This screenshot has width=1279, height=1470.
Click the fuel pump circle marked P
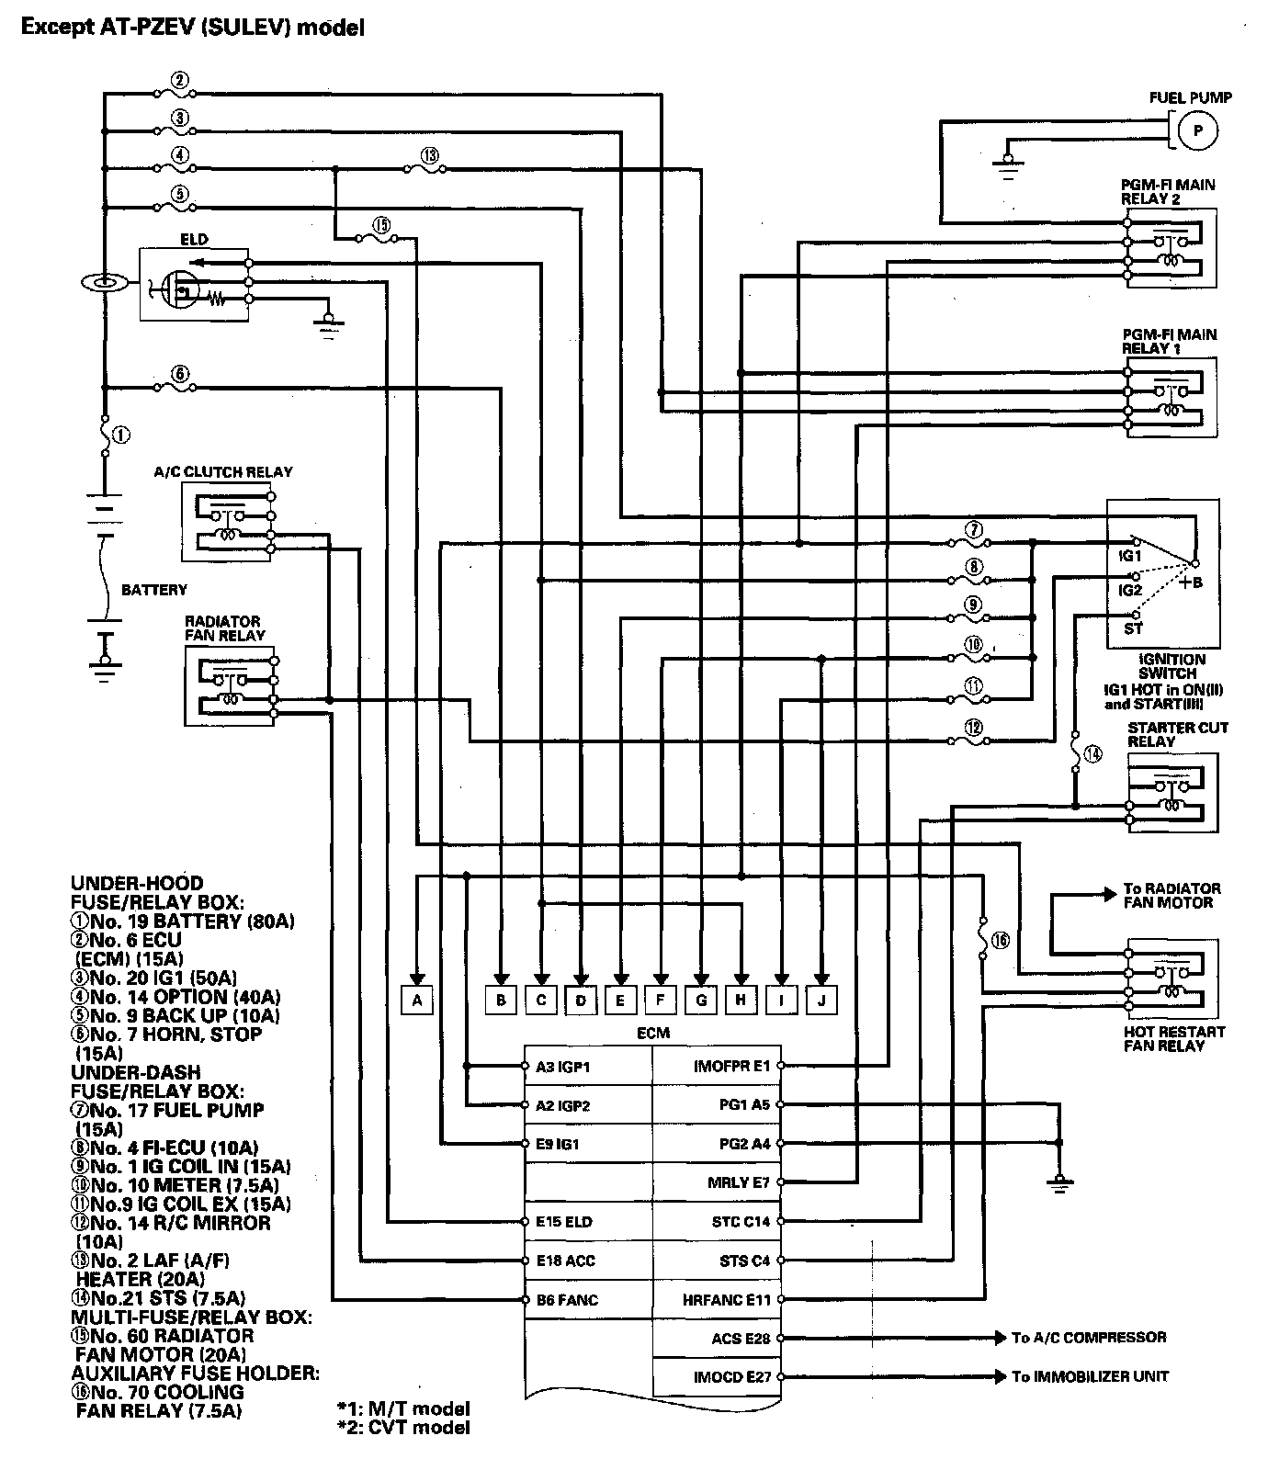click(x=1196, y=130)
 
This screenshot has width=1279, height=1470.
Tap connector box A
click(x=417, y=1000)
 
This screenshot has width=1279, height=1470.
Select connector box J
click(x=821, y=1000)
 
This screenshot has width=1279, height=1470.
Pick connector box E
click(x=621, y=1000)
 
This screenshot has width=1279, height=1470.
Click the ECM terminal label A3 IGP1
click(x=562, y=1067)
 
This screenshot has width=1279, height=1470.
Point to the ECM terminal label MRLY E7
click(x=738, y=1182)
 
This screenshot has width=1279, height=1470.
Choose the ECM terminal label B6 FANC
click(x=567, y=1300)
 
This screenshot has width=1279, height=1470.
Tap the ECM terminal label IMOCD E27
click(x=731, y=1377)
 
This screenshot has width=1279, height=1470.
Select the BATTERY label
click(x=154, y=590)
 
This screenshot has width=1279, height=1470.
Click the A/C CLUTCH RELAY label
click(x=223, y=472)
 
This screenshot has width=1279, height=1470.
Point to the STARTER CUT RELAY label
click(x=1177, y=734)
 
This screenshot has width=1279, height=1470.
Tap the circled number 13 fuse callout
click(x=428, y=155)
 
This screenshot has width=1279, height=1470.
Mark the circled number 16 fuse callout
click(x=1001, y=939)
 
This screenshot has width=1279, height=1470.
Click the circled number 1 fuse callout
click(x=122, y=434)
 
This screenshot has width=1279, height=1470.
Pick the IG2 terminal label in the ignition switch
click(x=1129, y=590)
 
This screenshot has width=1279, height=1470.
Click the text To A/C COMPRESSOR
click(x=1089, y=1338)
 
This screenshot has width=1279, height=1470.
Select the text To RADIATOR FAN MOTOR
click(x=1171, y=896)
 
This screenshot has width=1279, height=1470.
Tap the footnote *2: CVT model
click(x=403, y=1427)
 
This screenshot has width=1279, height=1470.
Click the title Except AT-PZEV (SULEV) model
click(x=193, y=28)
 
